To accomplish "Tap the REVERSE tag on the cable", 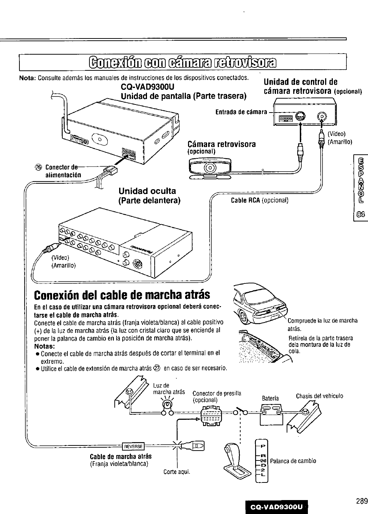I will tap(133, 446).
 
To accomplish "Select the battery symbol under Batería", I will tap(271, 414).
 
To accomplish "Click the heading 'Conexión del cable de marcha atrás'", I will tap(122, 294).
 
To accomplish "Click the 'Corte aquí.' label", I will tap(177, 471).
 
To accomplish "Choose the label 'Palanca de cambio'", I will tap(293, 461).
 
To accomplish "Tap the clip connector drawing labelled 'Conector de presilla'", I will tap(213, 415).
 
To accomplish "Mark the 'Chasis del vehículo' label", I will tap(319, 396).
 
